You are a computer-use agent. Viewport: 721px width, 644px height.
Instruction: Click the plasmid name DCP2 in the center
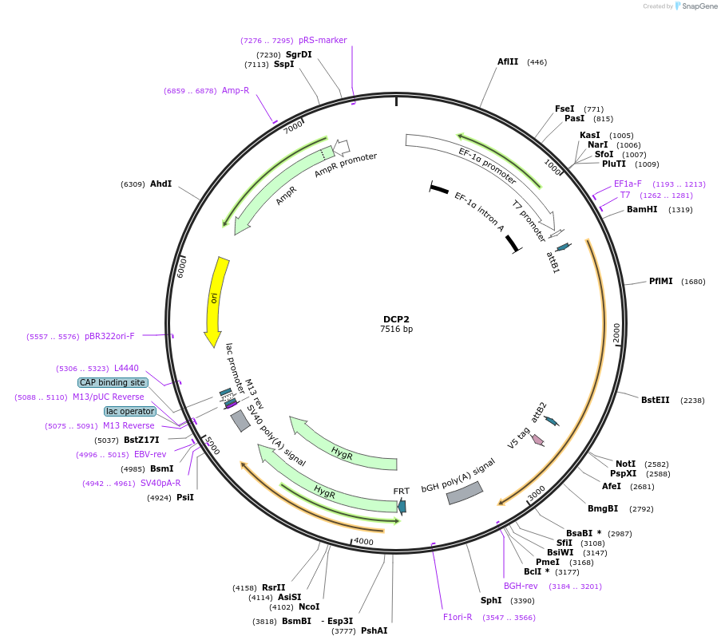pos(396,319)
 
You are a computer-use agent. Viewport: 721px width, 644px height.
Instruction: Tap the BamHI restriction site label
pos(642,210)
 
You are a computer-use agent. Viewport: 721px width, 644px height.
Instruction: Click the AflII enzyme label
pos(508,61)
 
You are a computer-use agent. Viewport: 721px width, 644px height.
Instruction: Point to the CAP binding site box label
pos(113,382)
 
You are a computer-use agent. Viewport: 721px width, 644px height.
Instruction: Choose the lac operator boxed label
pos(130,411)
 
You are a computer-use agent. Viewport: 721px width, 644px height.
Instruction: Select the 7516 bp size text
pos(396,330)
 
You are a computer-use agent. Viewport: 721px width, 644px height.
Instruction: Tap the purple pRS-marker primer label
pos(323,40)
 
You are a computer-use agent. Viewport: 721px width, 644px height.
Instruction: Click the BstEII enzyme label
pos(656,401)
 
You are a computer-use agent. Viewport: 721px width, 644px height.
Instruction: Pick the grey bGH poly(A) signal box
pos(464,493)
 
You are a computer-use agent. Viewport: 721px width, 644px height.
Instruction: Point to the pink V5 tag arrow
pos(537,440)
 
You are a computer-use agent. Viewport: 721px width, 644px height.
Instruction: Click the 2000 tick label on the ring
pos(616,334)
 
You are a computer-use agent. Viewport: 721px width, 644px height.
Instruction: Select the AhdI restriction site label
pos(160,184)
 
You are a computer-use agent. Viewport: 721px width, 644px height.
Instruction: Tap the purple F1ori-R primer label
pos(458,617)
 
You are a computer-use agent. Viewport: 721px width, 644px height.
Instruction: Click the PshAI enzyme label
pos(374,630)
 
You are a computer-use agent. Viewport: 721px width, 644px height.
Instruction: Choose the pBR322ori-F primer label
pos(110,336)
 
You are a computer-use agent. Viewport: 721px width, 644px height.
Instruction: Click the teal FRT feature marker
pos(402,506)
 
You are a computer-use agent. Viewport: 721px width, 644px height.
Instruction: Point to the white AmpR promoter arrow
pos(342,147)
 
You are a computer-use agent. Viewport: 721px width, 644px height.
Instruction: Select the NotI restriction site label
pos(626,464)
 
